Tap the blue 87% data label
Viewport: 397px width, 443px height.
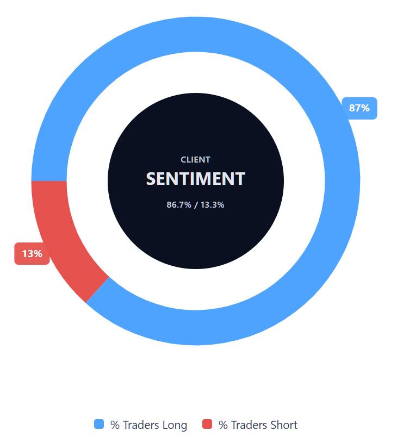tap(359, 108)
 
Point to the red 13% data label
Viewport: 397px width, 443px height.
tap(32, 254)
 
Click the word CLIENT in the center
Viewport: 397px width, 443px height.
tap(195, 160)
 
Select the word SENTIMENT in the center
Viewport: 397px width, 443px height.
tap(195, 179)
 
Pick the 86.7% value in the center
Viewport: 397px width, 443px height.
tap(179, 205)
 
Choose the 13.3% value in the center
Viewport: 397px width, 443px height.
tap(213, 205)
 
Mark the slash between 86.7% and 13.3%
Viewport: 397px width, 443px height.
tap(196, 205)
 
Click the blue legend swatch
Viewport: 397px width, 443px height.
tap(99, 425)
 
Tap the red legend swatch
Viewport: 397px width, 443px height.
tap(207, 425)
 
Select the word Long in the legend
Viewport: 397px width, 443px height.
tap(173, 425)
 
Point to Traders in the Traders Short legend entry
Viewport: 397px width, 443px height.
tap(249, 425)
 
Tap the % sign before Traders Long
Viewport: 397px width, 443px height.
tap(115, 425)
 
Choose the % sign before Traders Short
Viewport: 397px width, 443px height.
tap(223, 425)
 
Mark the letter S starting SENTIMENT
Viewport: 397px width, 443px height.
tap(152, 179)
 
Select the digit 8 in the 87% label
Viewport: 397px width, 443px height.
tap(352, 108)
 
